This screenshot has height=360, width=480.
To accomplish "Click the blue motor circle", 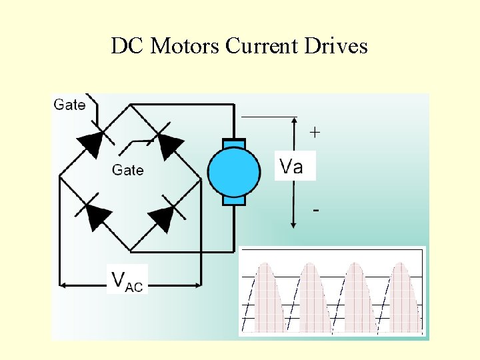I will (233, 172).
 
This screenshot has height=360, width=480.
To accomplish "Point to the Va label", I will (291, 166).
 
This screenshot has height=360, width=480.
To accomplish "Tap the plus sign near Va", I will (315, 133).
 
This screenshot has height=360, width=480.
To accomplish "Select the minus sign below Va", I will (315, 211).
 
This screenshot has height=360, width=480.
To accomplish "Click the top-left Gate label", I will (69, 105).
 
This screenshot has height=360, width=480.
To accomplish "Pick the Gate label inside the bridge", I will (127, 170).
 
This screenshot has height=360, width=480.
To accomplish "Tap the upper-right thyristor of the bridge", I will (169, 142).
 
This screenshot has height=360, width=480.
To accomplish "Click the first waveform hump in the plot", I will (266, 297).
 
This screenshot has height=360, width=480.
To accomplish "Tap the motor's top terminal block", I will (233, 143).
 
